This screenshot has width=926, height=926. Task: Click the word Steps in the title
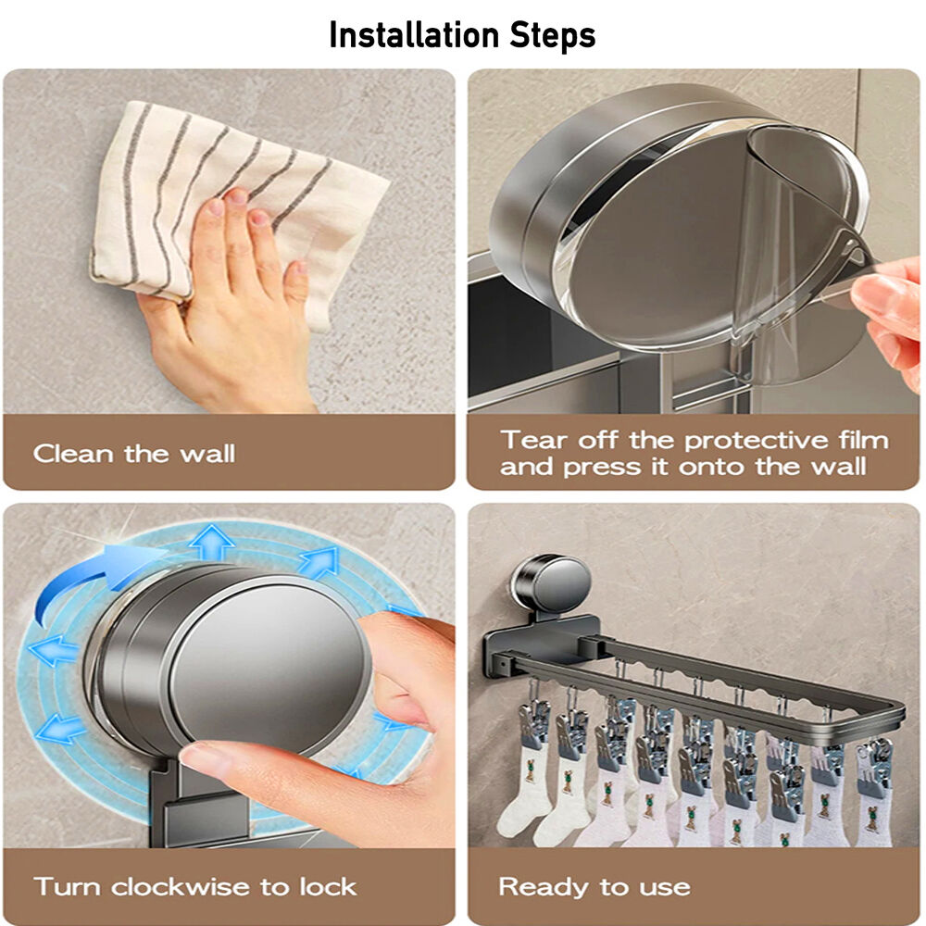click(x=553, y=36)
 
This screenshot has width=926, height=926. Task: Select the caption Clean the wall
click(x=134, y=454)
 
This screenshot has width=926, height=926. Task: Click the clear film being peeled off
click(x=797, y=248)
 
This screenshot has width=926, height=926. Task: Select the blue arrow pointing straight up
click(x=211, y=542)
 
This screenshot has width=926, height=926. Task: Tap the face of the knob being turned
click(x=269, y=668)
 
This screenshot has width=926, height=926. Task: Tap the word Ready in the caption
click(x=544, y=887)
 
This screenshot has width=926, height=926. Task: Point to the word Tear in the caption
click(x=533, y=440)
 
